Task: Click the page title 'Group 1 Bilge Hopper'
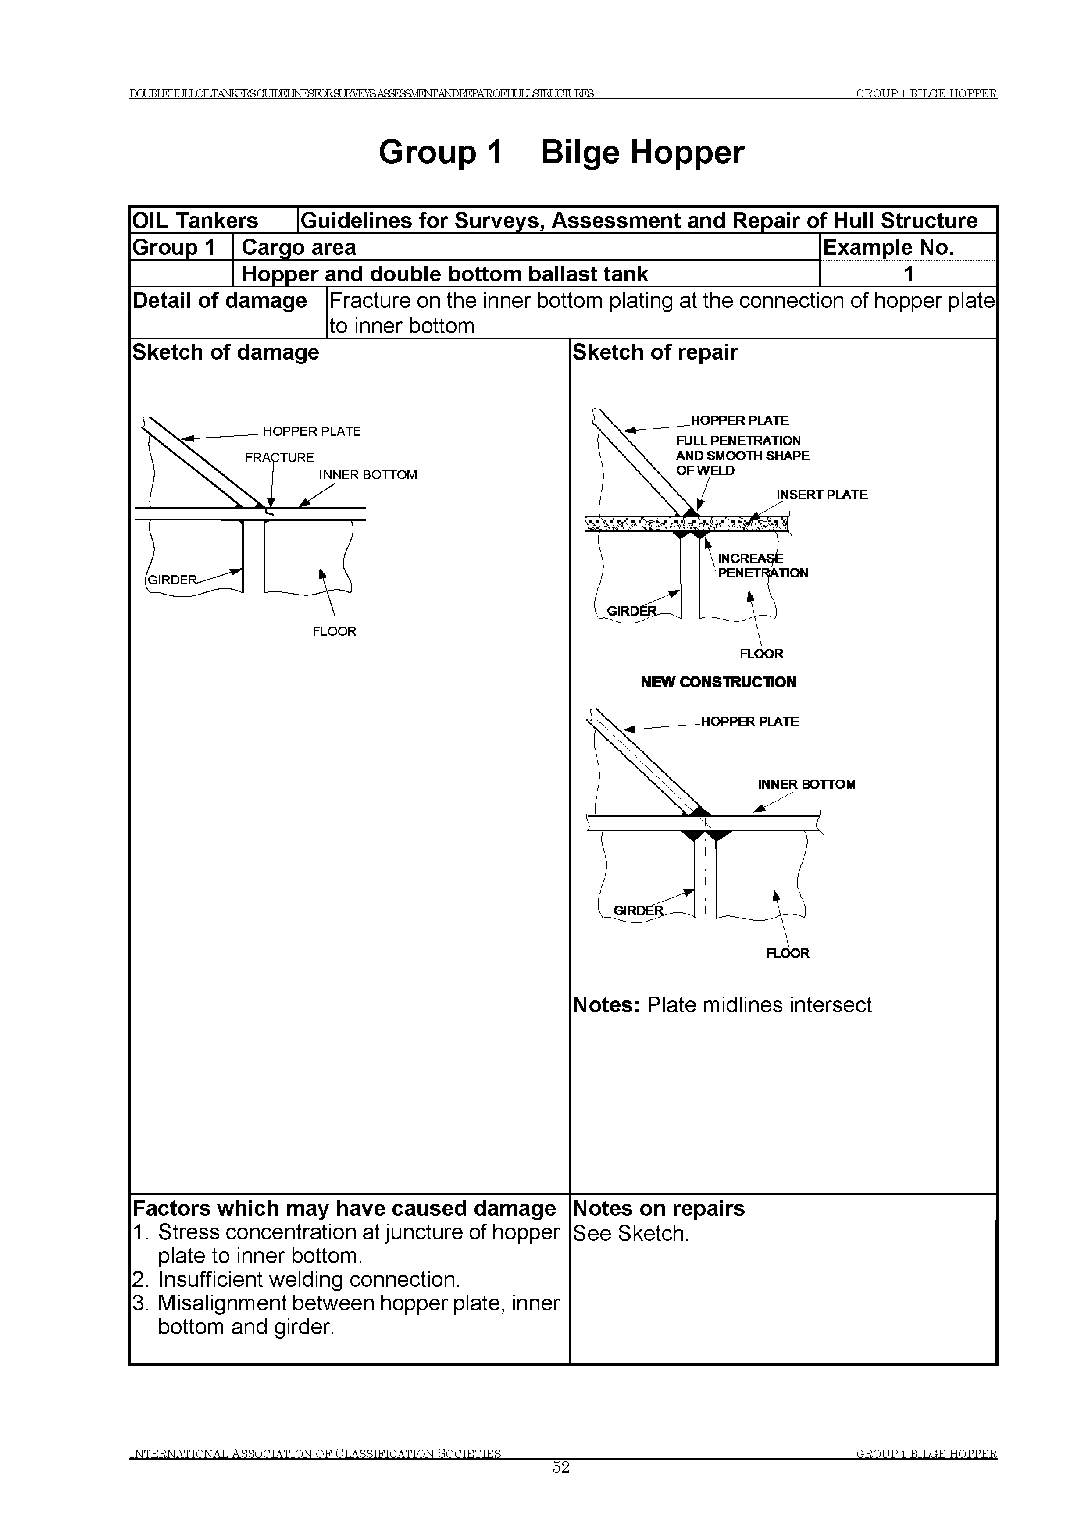[x=561, y=152]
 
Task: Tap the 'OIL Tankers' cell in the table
[x=195, y=221]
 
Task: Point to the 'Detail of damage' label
[x=219, y=301]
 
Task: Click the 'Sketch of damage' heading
[x=226, y=352]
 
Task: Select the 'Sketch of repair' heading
[x=655, y=352]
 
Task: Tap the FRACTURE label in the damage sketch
[x=279, y=458]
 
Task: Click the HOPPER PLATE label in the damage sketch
[x=311, y=431]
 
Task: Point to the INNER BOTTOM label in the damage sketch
[x=368, y=475]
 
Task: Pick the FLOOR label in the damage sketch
[x=334, y=631]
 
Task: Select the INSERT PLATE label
[x=821, y=495]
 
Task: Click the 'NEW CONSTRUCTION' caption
[x=718, y=682]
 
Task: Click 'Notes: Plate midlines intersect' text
[x=721, y=1005]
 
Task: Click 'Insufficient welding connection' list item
[x=309, y=1279]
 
